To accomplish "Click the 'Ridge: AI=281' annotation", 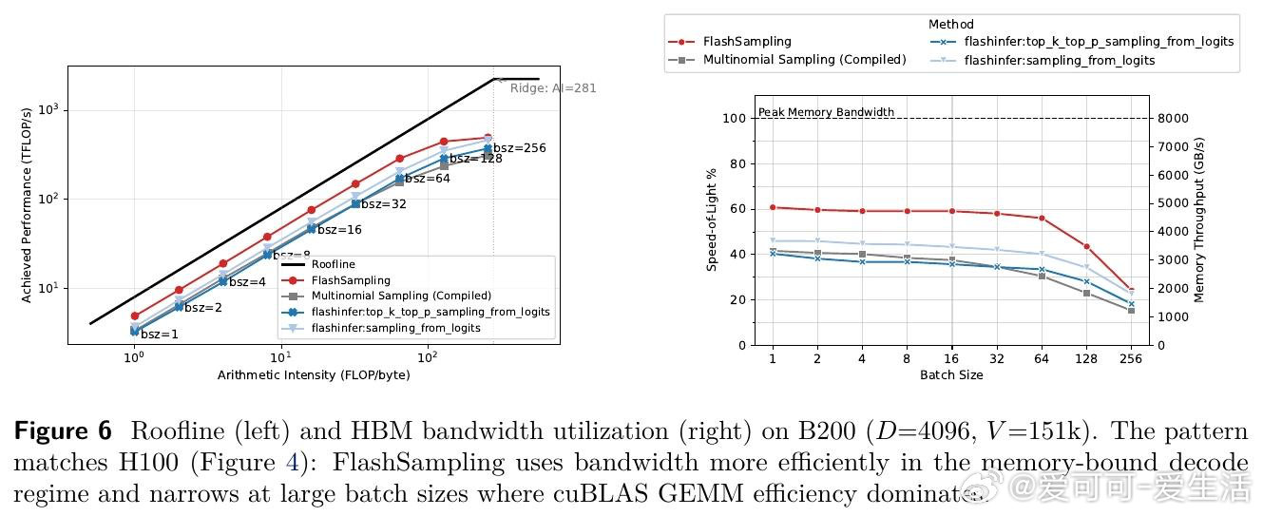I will pyautogui.click(x=553, y=88).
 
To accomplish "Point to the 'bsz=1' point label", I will pyautogui.click(x=160, y=334).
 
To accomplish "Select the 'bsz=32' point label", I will pyautogui.click(x=384, y=204).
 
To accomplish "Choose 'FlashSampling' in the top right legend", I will pyautogui.click(x=747, y=42).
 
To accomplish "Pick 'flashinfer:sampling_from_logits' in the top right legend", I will pyautogui.click(x=1060, y=60).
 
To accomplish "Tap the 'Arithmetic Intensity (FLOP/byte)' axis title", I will pyautogui.click(x=314, y=374).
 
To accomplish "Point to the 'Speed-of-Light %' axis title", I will pyautogui.click(x=712, y=220).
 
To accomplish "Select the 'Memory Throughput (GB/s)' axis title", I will pyautogui.click(x=1199, y=220).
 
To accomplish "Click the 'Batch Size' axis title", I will pyautogui.click(x=951, y=374).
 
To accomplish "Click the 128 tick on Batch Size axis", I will pyautogui.click(x=1086, y=358).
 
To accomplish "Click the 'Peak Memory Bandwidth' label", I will pyautogui.click(x=826, y=112).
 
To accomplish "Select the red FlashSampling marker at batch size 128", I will pyautogui.click(x=1086, y=246).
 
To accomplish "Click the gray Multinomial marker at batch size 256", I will pyautogui.click(x=1131, y=311).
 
